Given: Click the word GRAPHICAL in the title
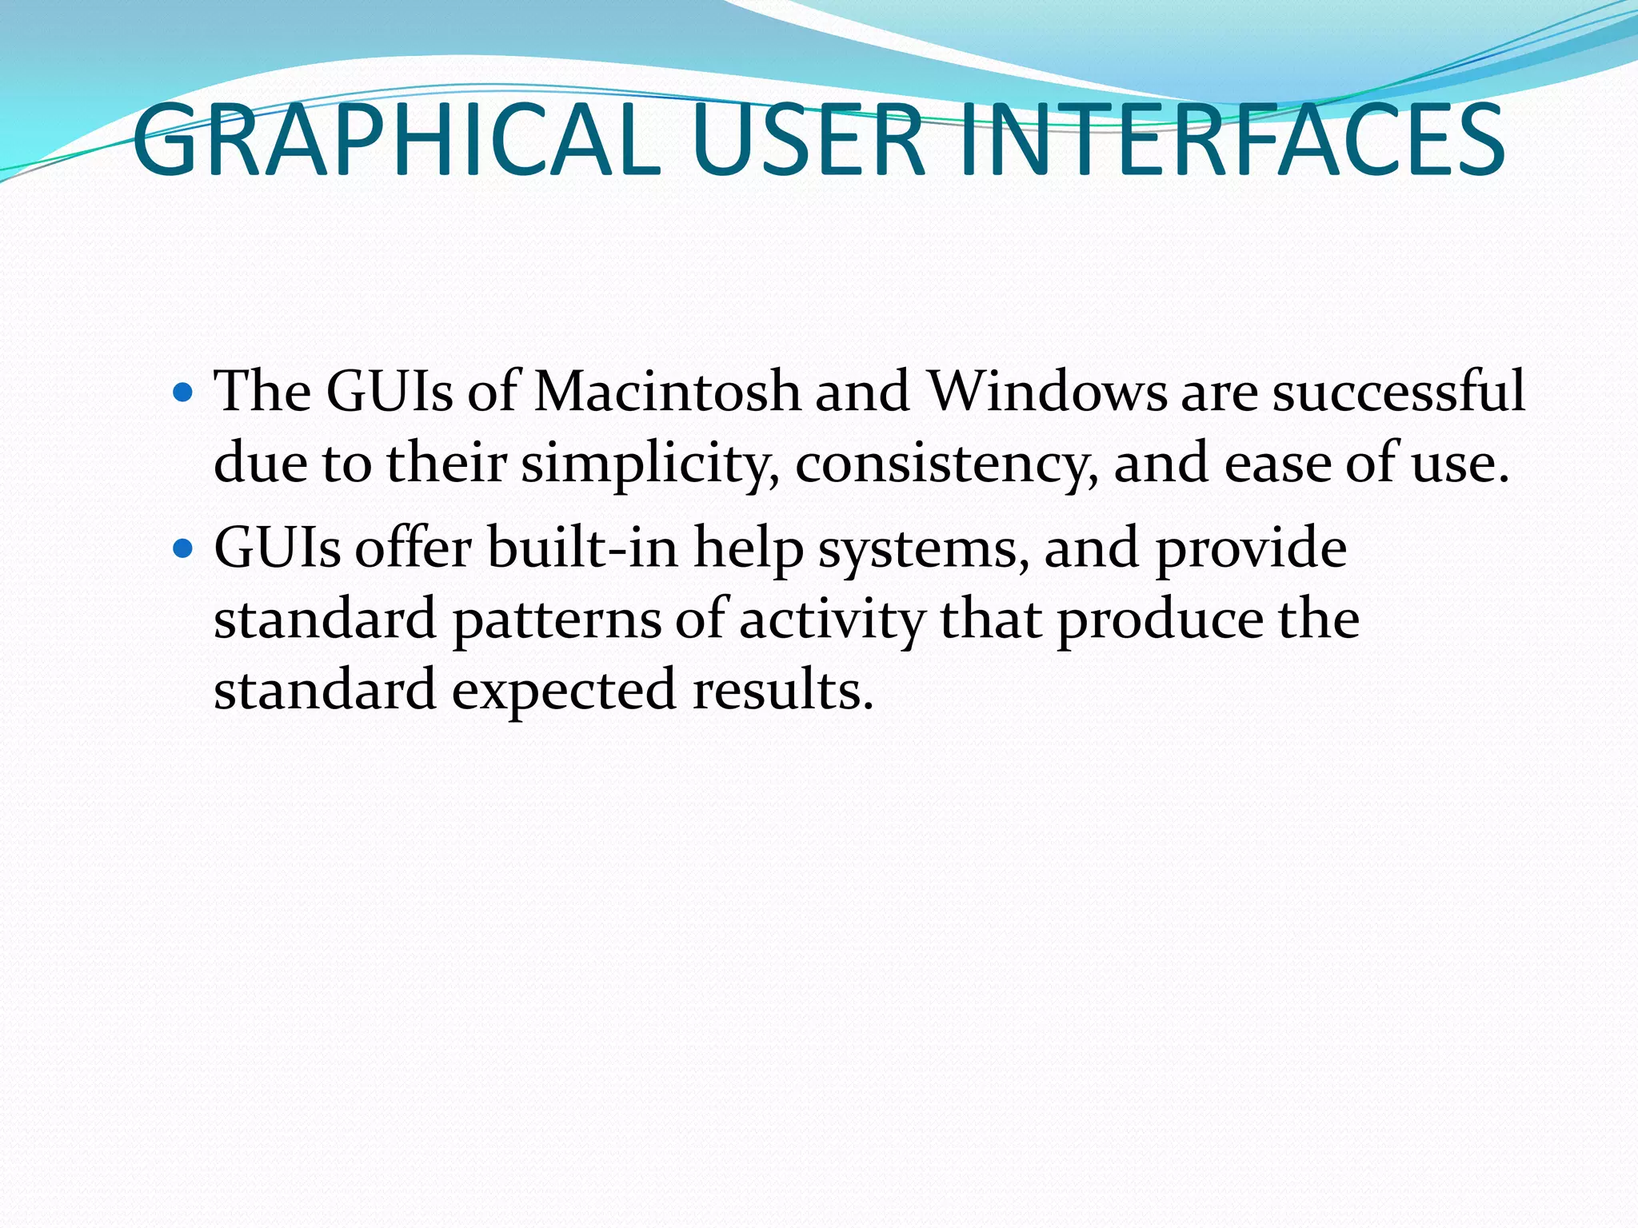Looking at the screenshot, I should tap(397, 140).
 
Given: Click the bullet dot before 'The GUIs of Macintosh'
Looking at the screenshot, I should tap(183, 393).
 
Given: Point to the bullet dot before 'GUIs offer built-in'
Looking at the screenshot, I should tap(183, 548).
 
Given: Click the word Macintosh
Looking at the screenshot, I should tap(666, 392).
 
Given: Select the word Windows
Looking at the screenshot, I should tap(1047, 392).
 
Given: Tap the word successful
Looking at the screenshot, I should tap(1399, 392).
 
